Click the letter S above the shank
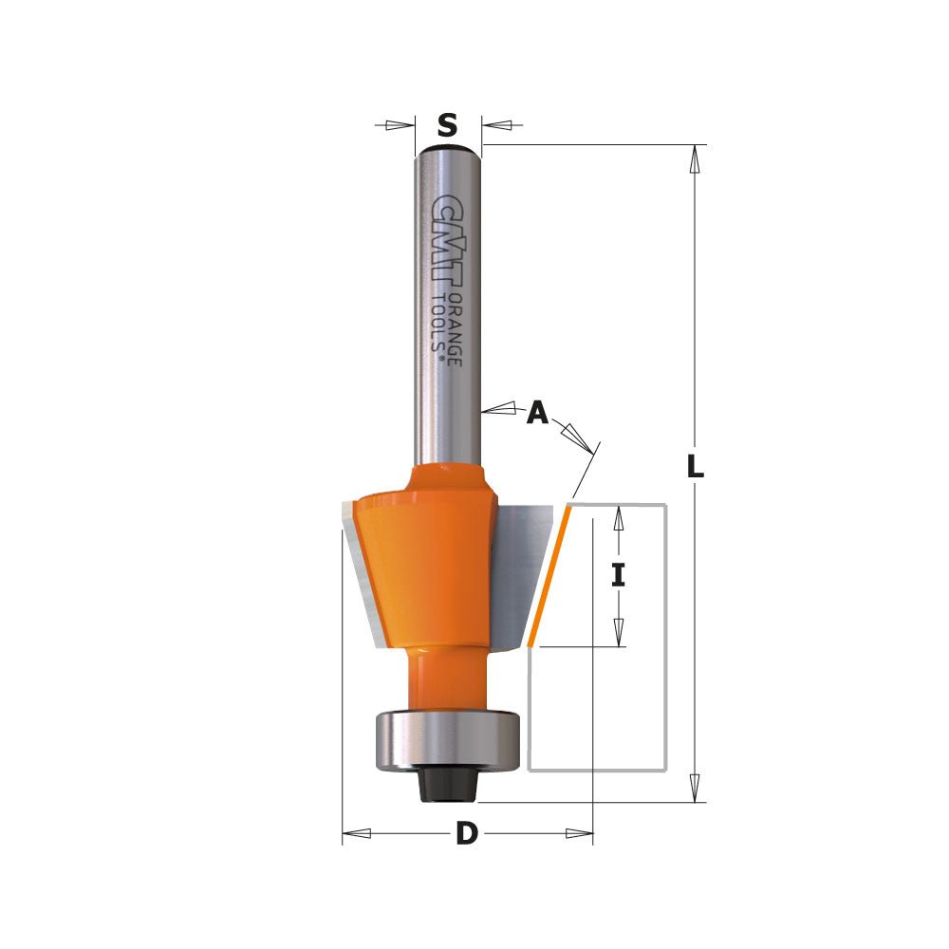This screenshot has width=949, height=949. (x=448, y=124)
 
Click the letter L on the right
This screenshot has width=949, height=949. (x=696, y=466)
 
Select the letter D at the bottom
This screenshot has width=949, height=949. (x=466, y=834)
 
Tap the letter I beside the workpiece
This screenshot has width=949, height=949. (x=619, y=575)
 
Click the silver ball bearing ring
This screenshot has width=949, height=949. (x=447, y=738)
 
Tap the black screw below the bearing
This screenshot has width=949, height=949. (x=446, y=783)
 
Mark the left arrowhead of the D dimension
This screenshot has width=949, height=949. (x=355, y=834)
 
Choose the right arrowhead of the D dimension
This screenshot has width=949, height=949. (x=579, y=834)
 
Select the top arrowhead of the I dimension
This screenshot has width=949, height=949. (x=619, y=518)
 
